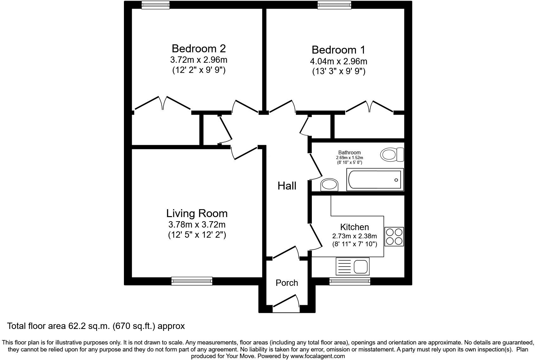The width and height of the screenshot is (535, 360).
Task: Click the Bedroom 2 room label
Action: (199, 48)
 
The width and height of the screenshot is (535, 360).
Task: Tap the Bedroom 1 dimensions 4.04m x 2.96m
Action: (338, 61)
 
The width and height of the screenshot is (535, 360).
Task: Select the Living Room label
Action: (197, 213)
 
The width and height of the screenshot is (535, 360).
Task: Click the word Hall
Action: (287, 186)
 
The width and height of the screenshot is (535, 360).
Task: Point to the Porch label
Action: (287, 283)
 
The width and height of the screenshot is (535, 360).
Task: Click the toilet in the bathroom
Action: (392, 155)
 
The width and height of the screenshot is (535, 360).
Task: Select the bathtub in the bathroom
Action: (375, 180)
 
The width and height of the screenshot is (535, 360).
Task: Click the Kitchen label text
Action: (354, 227)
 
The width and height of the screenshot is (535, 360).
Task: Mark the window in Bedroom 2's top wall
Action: (155, 4)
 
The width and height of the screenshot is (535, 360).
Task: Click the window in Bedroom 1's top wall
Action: (334, 4)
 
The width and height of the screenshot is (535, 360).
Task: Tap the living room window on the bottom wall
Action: (192, 281)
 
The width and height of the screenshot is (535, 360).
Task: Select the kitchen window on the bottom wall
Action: (350, 281)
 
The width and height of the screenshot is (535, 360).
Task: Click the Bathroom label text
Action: (349, 152)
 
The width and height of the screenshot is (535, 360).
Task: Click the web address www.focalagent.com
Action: (318, 356)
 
